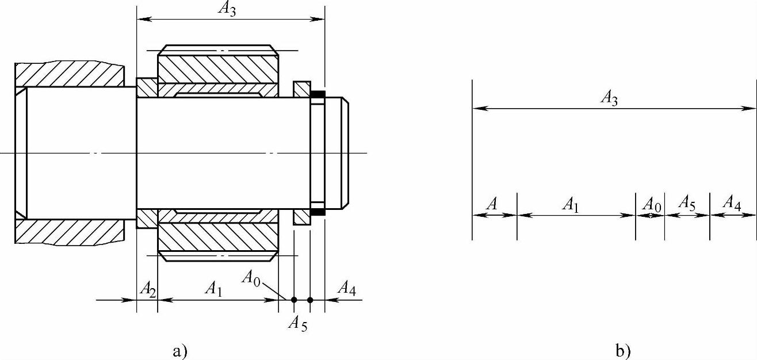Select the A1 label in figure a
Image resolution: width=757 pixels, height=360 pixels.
coord(214,289)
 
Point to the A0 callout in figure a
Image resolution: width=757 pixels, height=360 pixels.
coord(251,278)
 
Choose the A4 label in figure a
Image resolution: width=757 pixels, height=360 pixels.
coord(347,289)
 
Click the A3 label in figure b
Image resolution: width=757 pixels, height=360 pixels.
coord(609,98)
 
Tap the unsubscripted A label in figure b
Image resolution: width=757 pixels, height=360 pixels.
coord(492,204)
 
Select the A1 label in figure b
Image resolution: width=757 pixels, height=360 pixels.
coord(571,205)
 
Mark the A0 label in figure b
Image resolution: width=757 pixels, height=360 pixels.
coord(652,205)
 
